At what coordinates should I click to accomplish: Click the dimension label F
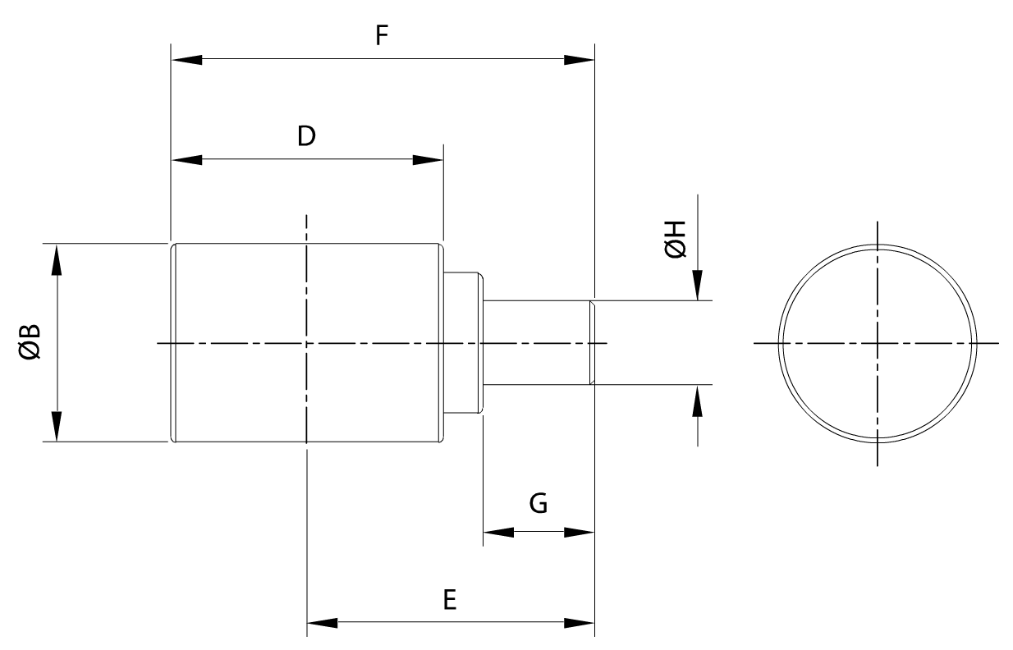tap(382, 37)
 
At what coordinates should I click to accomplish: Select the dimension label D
tap(306, 136)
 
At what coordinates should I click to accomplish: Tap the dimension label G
tap(539, 503)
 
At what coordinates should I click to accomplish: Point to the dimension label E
tap(448, 600)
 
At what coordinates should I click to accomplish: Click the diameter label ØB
tap(31, 342)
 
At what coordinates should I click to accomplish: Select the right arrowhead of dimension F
tap(578, 60)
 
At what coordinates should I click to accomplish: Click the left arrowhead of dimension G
tap(498, 532)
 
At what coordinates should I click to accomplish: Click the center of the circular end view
tap(878, 342)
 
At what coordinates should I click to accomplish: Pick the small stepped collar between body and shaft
tap(463, 342)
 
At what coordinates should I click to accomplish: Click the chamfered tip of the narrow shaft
tap(591, 342)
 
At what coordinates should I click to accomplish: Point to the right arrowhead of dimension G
tap(578, 532)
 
